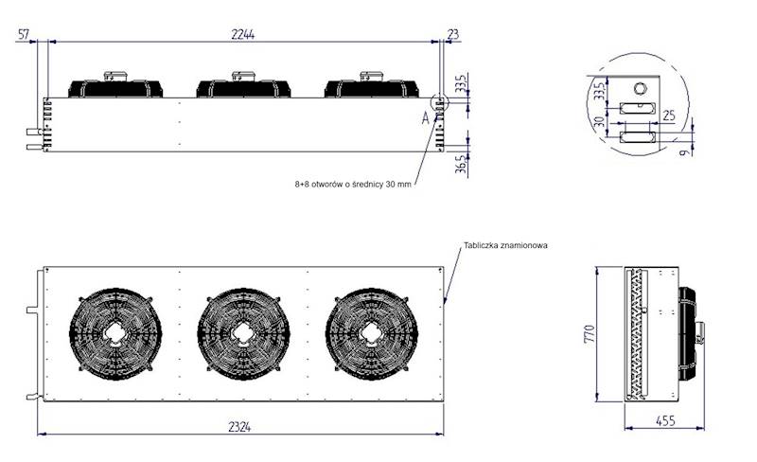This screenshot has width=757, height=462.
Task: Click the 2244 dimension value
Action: [242, 33]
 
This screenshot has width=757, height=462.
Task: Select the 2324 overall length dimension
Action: [240, 427]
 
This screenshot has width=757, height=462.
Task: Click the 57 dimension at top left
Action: [25, 33]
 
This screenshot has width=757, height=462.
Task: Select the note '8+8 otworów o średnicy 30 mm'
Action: [353, 186]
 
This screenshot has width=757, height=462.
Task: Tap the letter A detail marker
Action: [426, 118]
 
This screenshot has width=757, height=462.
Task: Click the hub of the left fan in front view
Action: [114, 332]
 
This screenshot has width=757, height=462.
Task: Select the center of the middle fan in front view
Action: [243, 332]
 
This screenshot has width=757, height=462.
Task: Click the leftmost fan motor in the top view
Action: [114, 86]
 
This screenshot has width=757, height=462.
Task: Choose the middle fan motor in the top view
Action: [242, 86]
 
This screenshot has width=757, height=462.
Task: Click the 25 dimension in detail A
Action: [668, 115]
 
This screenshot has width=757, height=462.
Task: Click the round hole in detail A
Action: [640, 88]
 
